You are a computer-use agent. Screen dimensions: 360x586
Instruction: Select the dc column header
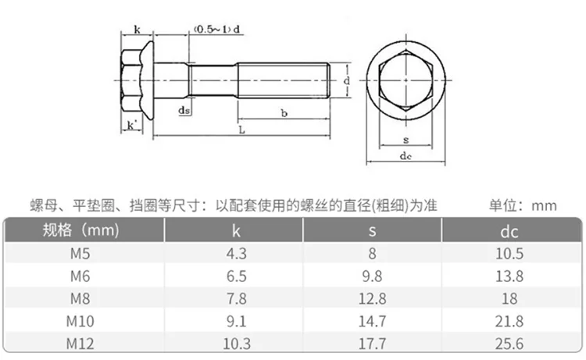(509, 231)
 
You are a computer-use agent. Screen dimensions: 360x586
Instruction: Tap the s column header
(373, 231)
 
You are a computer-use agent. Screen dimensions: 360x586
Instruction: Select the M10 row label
(80, 321)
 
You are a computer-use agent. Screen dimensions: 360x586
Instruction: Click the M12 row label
(80, 344)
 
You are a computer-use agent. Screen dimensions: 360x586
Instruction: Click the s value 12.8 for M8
(373, 298)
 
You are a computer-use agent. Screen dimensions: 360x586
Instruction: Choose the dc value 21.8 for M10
(509, 321)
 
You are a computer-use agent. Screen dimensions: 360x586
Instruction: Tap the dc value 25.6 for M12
(509, 344)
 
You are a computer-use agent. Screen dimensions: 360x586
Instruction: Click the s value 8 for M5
(373, 253)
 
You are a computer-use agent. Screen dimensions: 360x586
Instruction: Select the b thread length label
(284, 114)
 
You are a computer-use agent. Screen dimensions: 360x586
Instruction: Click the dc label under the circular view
(405, 156)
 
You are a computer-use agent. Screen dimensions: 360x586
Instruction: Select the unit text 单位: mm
(523, 205)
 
